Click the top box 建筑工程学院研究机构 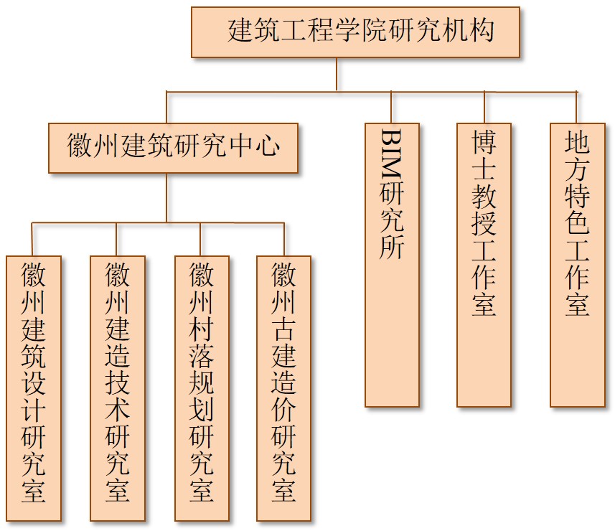(355, 32)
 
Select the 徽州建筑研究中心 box (173, 148)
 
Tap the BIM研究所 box (392, 265)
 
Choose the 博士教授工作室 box (484, 265)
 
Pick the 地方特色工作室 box (577, 265)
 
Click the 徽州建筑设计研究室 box (33, 387)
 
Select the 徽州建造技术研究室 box (117, 387)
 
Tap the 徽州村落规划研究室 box (202, 387)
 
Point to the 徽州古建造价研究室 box (284, 387)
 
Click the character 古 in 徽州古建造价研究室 (284, 329)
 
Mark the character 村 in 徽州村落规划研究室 (202, 329)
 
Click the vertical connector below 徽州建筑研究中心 (166, 197)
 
